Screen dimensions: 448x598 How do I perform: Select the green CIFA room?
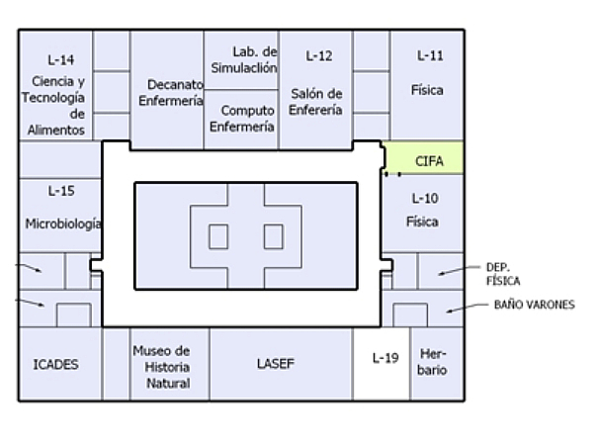pyautogui.click(x=426, y=159)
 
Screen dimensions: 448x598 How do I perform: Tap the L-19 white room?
pyautogui.click(x=384, y=358)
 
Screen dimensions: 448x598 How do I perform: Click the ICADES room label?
pyautogui.click(x=55, y=364)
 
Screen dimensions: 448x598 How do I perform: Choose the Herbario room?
pyautogui.click(x=433, y=362)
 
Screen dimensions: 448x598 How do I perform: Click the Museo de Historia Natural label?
pyautogui.click(x=160, y=366)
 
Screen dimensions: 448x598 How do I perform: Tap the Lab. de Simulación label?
pyautogui.click(x=242, y=59)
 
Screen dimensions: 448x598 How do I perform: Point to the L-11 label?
pyautogui.click(x=429, y=56)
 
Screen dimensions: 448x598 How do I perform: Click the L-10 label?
pyautogui.click(x=424, y=199)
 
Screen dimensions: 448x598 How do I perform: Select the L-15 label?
pyautogui.click(x=61, y=190)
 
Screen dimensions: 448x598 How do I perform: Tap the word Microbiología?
pyautogui.click(x=63, y=224)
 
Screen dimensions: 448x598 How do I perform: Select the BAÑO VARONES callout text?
pyautogui.click(x=534, y=305)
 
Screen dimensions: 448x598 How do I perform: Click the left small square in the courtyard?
pyautogui.click(x=218, y=237)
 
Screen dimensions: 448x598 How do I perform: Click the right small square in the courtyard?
pyautogui.click(x=273, y=237)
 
